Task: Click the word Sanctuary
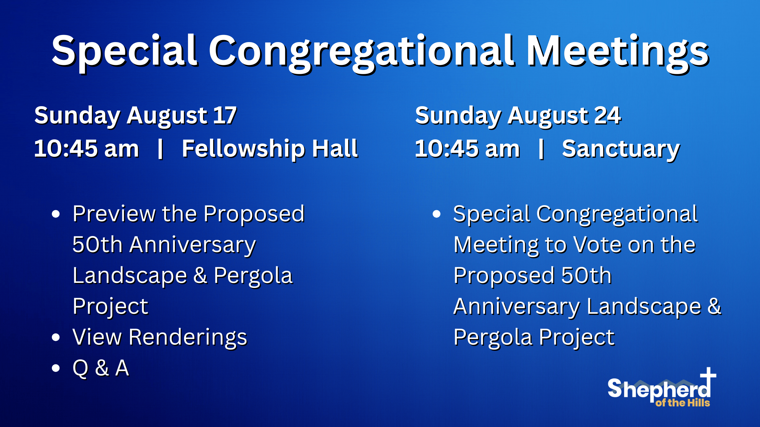[621, 149]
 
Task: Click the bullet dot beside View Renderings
[56, 337]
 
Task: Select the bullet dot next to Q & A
[56, 368]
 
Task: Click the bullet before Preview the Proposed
[56, 214]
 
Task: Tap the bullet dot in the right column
[436, 214]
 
